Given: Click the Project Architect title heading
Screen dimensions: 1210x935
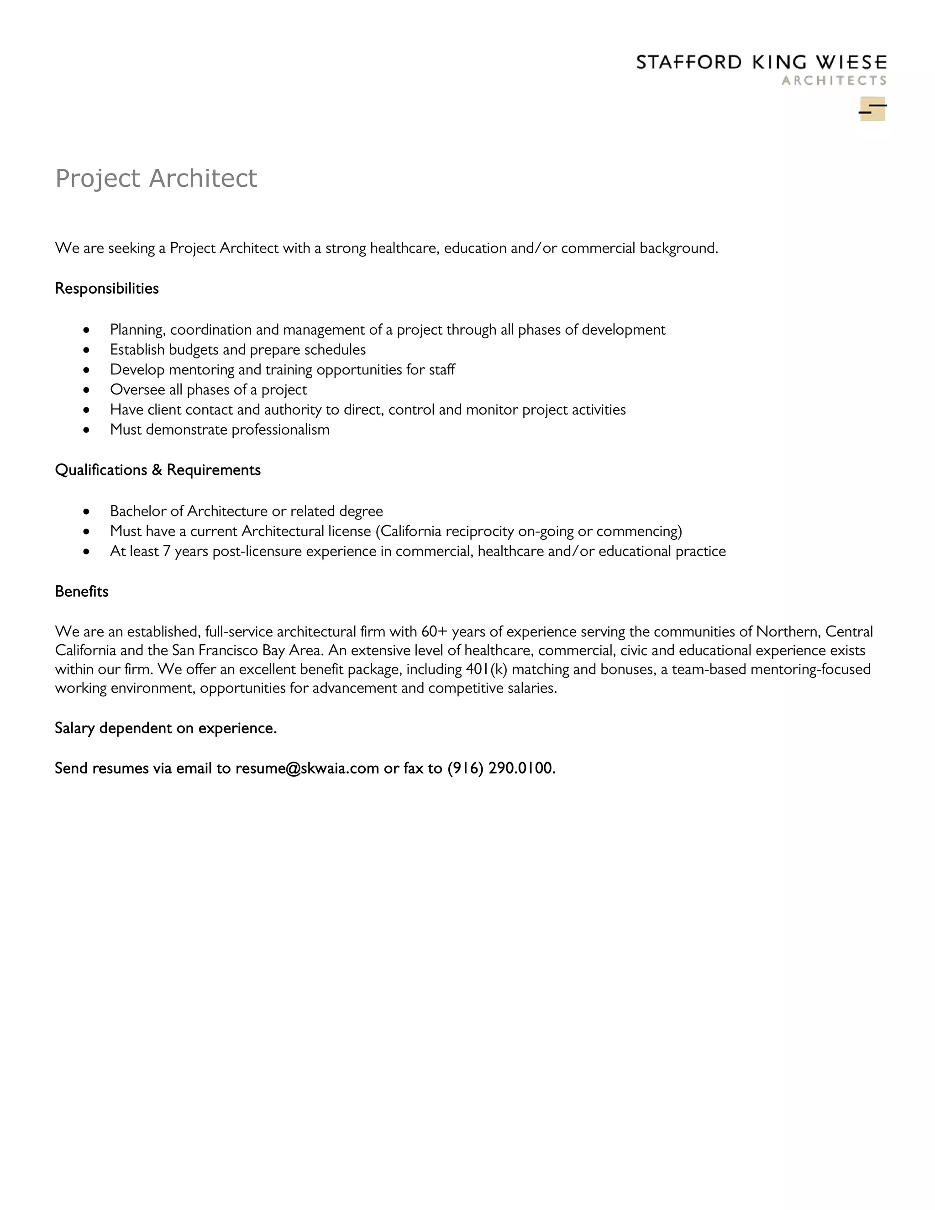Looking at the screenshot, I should point(156,179).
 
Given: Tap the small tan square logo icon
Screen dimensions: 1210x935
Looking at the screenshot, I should point(872,109).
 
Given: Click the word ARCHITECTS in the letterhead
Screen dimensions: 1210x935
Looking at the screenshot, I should point(834,81).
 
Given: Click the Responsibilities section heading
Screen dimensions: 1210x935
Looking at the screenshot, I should point(107,289).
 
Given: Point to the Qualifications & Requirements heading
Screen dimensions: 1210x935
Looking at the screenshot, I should point(158,470).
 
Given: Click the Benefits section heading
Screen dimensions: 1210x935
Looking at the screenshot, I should point(81,592).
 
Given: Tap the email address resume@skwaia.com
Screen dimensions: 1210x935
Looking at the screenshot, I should point(307,768).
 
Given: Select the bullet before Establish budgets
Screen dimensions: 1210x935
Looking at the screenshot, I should point(86,350).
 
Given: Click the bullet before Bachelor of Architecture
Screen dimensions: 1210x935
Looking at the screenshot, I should point(86,511).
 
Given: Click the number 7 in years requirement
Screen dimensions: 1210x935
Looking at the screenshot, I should point(166,551).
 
